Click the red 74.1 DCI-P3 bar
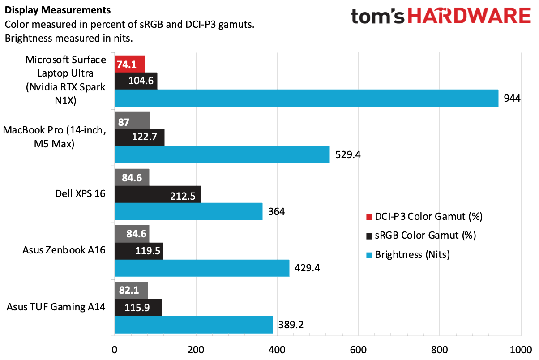point(130,64)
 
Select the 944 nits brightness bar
point(307,98)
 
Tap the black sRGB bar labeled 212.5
point(158,194)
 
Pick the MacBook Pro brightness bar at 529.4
point(222,155)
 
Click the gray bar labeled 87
point(133,120)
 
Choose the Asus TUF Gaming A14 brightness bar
point(194,325)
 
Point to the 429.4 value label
point(307,268)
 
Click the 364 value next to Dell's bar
point(277,211)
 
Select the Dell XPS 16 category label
point(81,193)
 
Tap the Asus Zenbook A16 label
point(64,250)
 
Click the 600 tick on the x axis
point(358,350)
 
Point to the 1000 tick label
point(521,350)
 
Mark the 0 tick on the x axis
point(115,350)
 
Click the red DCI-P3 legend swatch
point(369,217)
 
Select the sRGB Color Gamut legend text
point(425,236)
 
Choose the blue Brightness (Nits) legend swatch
point(369,255)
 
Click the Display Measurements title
point(58,10)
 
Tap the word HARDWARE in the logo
point(469,16)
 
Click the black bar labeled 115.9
point(138,308)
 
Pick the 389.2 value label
point(291,325)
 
